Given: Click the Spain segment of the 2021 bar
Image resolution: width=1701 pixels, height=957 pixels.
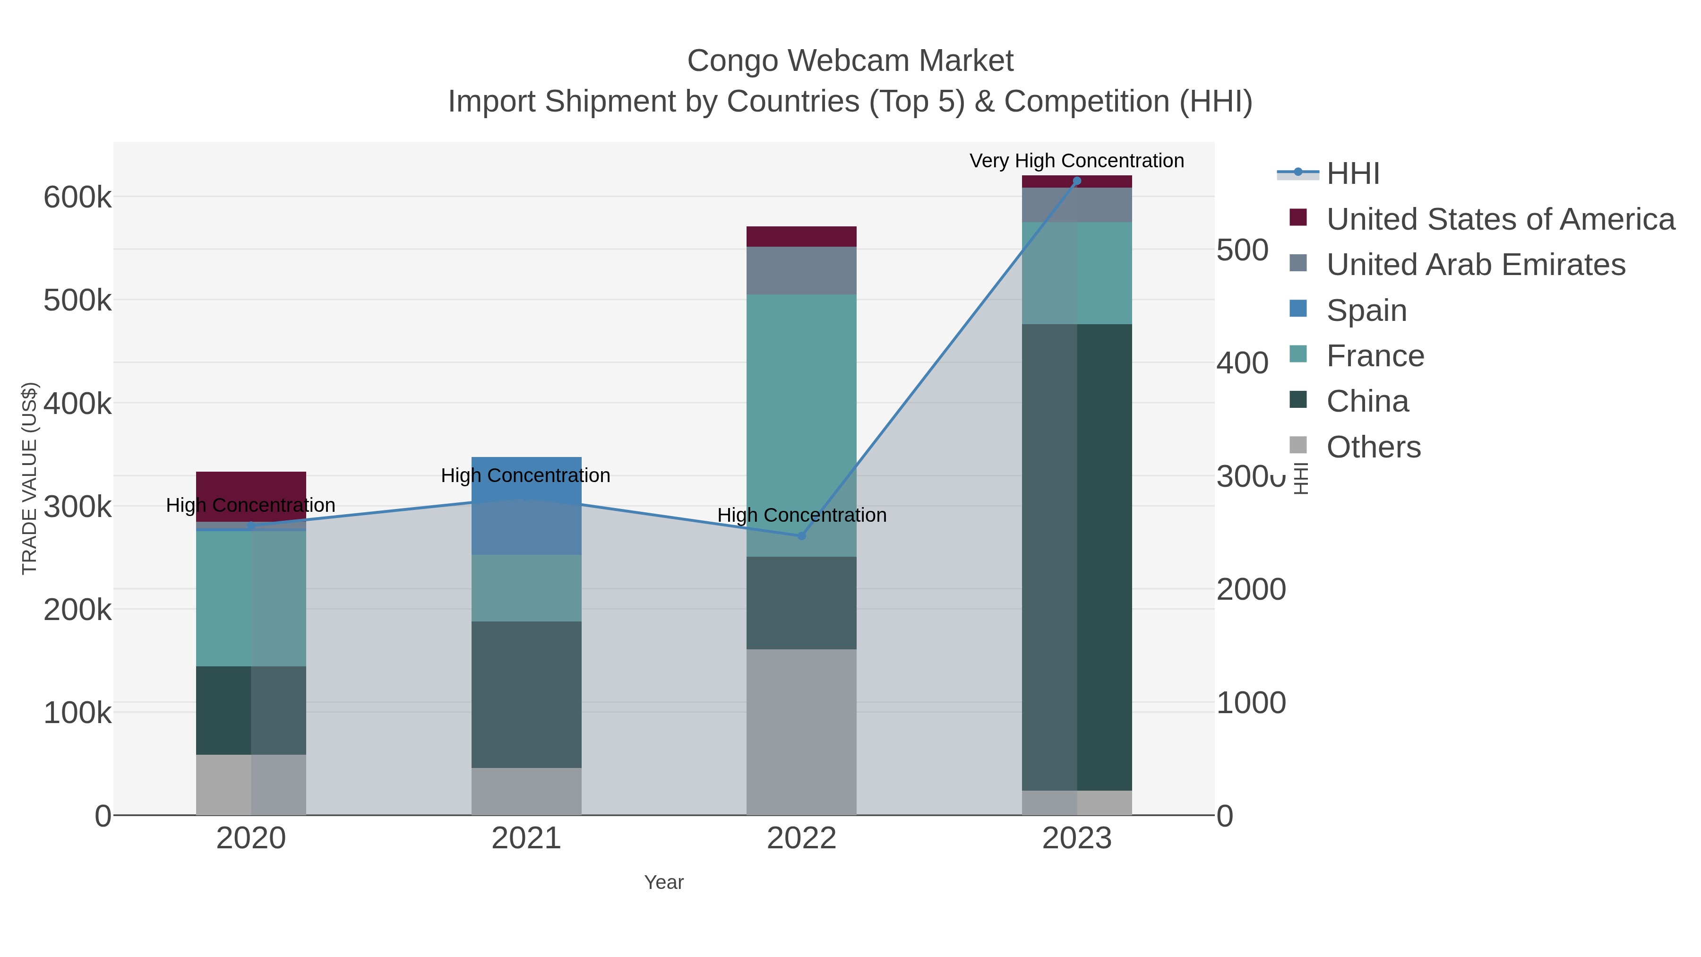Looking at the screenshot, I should [526, 522].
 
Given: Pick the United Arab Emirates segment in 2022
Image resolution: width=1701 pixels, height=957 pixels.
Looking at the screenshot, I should [801, 271].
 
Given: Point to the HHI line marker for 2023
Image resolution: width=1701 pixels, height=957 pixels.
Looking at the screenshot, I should [1077, 181].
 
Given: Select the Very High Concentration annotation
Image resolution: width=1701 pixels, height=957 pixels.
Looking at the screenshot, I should [1076, 161].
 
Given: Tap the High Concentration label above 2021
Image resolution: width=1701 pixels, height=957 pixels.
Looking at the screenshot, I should [525, 475].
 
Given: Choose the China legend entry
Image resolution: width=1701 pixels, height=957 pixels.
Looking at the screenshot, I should [1367, 402].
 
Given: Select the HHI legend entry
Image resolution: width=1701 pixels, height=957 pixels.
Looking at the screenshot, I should [1352, 174].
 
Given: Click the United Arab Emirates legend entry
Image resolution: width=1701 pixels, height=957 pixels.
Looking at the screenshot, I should [1475, 265].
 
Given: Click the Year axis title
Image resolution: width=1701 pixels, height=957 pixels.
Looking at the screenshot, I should [664, 882].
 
